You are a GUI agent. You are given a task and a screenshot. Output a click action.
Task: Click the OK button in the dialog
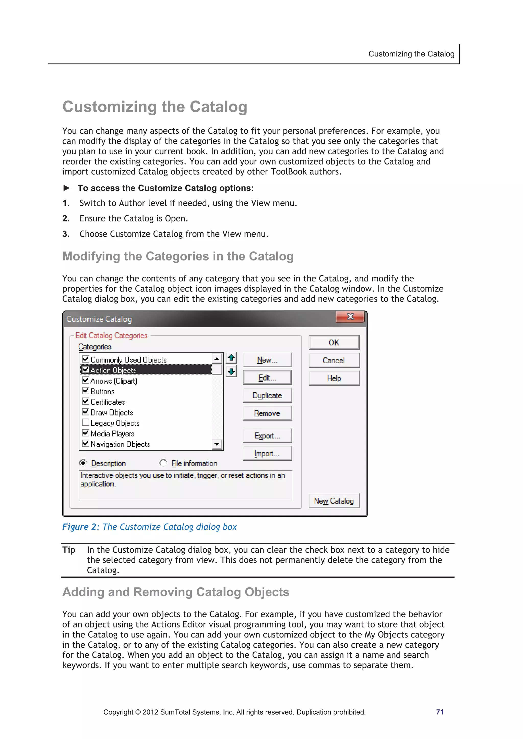click(x=334, y=343)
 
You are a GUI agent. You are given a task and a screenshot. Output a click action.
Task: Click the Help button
click(x=334, y=378)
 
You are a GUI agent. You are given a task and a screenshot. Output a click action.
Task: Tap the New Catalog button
click(x=334, y=501)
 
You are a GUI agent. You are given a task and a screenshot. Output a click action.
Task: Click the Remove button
click(x=267, y=413)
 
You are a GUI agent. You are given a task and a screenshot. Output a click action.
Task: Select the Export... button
click(x=267, y=435)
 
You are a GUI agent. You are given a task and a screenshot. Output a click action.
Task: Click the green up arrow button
click(x=231, y=358)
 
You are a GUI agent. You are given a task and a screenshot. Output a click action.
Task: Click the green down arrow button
click(x=231, y=372)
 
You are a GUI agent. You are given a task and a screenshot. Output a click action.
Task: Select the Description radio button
click(x=83, y=463)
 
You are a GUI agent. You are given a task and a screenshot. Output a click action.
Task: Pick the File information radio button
click(x=163, y=463)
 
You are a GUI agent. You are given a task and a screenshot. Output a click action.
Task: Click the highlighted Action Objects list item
click(x=113, y=370)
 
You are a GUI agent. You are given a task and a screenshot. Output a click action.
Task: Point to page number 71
click(x=439, y=712)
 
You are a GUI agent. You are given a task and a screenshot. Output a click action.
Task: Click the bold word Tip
click(x=69, y=550)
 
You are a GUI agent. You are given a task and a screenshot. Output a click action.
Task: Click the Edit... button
click(x=267, y=378)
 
